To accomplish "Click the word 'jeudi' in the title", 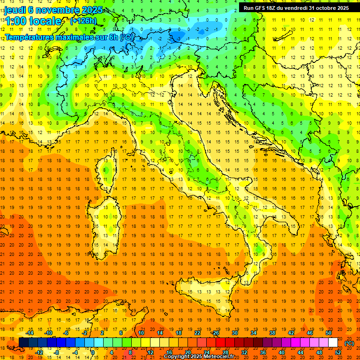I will pyautogui.click(x=16, y=10).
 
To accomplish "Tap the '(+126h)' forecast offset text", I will pyautogui.click(x=83, y=21).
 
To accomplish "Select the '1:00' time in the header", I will pyautogui.click(x=16, y=21).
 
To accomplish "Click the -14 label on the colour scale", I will pyautogui.click(x=31, y=333).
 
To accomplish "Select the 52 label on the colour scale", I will pyautogui.click(x=338, y=352).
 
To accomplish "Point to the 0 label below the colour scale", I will pyautogui.click(x=93, y=352).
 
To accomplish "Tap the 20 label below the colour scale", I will pyautogui.click(x=187, y=352).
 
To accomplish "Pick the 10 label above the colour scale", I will pyautogui.click(x=141, y=333).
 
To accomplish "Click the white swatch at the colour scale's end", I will pyautogui.click(x=333, y=342).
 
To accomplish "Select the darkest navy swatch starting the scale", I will pyautogui.click(x=23, y=342).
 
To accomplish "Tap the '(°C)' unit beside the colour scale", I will pyautogui.click(x=349, y=343).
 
